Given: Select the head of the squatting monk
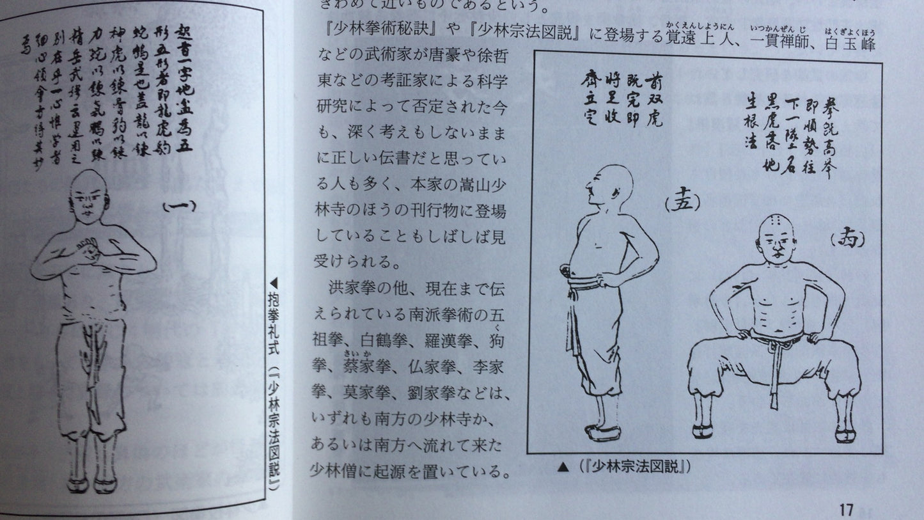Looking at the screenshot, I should click(776, 238).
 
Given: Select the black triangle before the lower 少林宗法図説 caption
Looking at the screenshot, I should click(563, 467).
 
